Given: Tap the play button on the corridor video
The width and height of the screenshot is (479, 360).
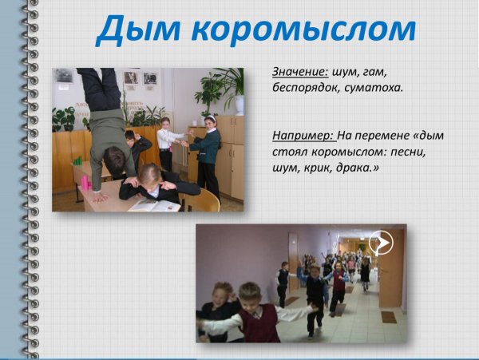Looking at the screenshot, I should pos(382,242).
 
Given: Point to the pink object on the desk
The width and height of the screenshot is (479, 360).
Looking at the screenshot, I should pos(85,183).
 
